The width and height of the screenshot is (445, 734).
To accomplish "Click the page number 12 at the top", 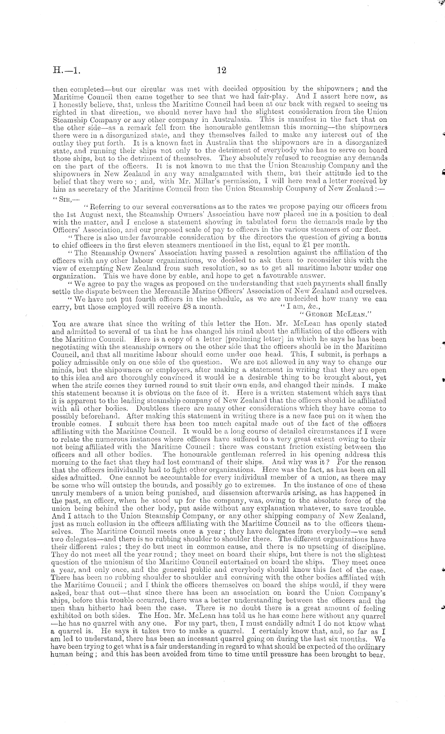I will coord(222,70).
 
